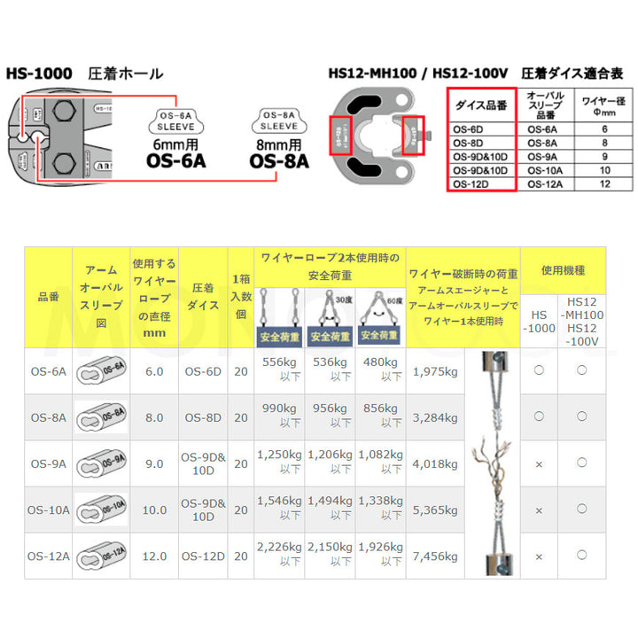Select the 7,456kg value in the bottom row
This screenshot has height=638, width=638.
pyautogui.click(x=434, y=556)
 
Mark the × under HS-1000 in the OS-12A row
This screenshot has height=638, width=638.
pyautogui.click(x=539, y=556)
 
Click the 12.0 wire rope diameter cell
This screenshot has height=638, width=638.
pyautogui.click(x=153, y=556)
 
